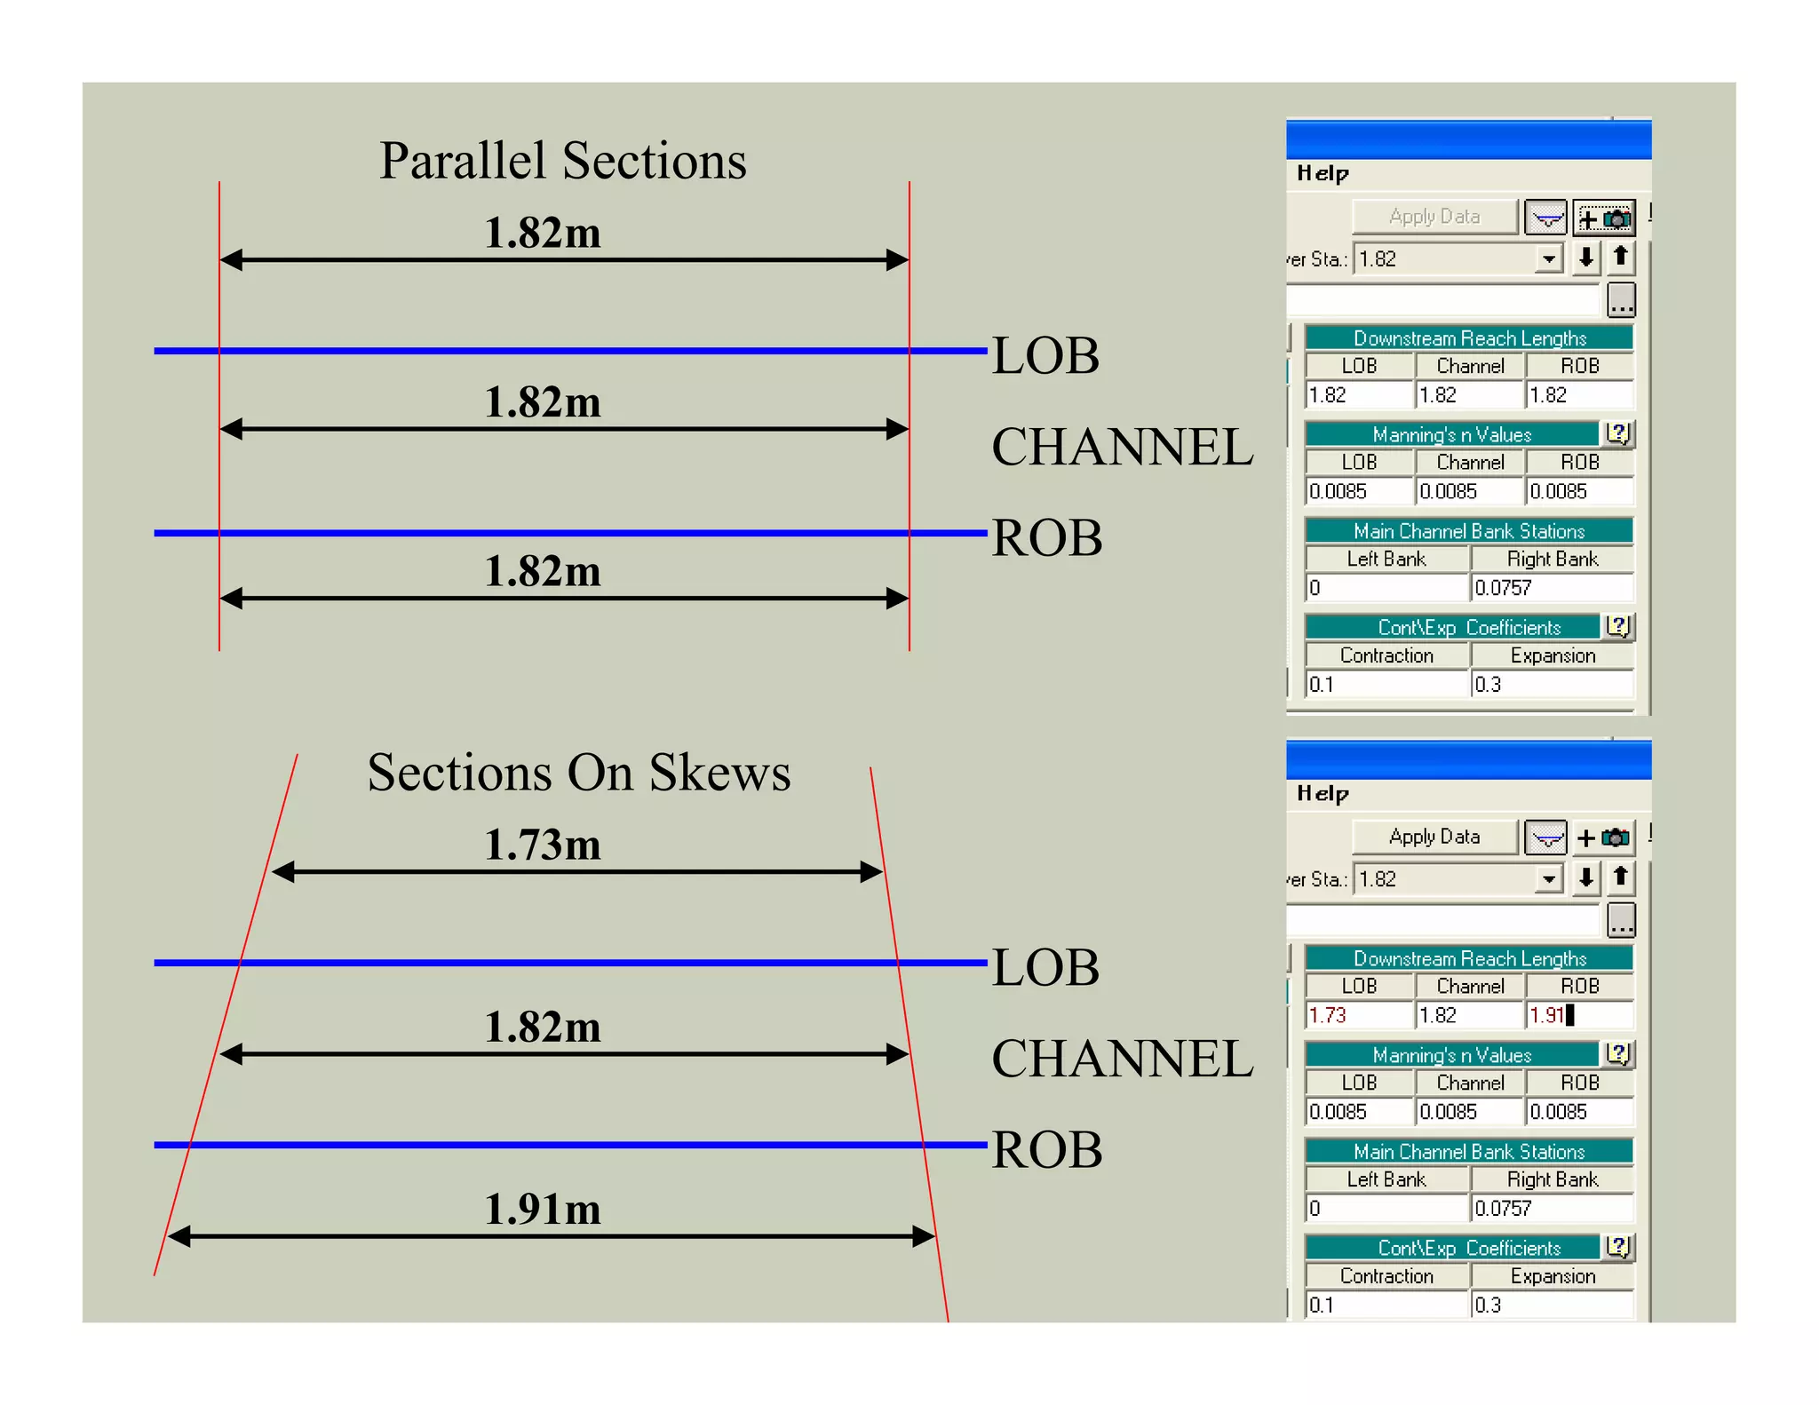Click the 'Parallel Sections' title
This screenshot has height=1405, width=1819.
[562, 161]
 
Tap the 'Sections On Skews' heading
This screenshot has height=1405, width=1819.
[578, 772]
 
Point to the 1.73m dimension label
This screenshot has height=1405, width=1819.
[542, 844]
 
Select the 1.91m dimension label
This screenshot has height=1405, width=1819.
[542, 1209]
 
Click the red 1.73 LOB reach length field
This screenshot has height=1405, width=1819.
[1358, 1015]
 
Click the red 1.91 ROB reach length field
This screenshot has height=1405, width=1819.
[1578, 1015]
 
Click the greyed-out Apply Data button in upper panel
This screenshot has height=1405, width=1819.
[1434, 217]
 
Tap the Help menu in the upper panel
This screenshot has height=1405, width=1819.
[1323, 173]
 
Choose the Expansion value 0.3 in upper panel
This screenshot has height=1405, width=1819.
[1551, 685]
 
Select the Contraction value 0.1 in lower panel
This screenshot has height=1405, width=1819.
[1386, 1305]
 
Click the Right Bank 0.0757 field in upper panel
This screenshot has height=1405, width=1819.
[1551, 588]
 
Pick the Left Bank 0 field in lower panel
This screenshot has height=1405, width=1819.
[1386, 1208]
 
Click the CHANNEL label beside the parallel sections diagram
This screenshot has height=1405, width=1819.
[1122, 446]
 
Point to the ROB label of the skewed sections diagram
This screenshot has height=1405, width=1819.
[1046, 1149]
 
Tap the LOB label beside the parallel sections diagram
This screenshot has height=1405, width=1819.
[1045, 355]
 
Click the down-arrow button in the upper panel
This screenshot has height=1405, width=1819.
[1585, 258]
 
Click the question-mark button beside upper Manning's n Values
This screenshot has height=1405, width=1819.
[1617, 433]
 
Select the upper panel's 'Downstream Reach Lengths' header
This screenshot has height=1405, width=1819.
[1469, 338]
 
